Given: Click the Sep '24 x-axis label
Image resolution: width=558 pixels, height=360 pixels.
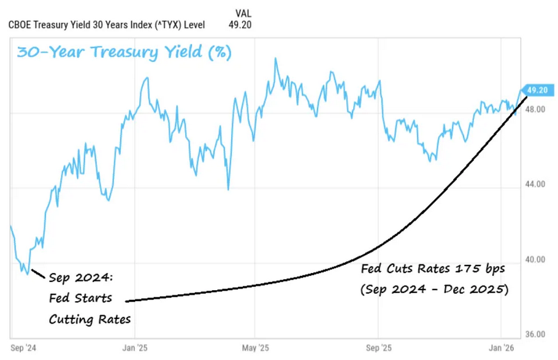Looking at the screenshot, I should (x=23, y=347).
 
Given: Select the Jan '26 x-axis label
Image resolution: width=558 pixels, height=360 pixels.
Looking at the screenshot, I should (x=502, y=347).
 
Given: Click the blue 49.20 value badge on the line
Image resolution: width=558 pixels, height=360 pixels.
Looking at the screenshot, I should (x=537, y=90).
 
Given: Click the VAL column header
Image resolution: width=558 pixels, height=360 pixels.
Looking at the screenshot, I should (x=243, y=13).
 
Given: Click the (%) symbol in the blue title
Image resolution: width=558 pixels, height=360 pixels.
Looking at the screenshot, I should (x=219, y=53).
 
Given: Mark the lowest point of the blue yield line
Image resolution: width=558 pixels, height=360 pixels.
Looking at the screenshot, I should (x=27, y=274).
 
